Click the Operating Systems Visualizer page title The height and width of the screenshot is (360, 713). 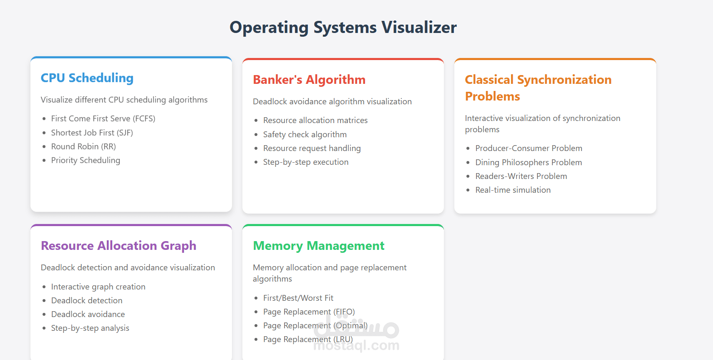tap(343, 28)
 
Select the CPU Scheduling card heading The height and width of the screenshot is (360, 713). tap(87, 78)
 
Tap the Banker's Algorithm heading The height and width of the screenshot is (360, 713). tap(309, 80)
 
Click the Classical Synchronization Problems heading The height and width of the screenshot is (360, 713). tap(538, 88)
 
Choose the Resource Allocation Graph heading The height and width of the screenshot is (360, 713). tap(118, 246)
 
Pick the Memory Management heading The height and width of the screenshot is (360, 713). tap(318, 246)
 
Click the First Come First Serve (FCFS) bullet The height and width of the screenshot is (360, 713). tap(103, 118)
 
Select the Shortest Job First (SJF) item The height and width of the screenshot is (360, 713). tap(92, 133)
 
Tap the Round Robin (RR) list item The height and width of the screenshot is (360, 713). tap(83, 146)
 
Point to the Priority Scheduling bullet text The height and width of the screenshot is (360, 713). tap(86, 160)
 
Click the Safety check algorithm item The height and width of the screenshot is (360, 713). tap(305, 134)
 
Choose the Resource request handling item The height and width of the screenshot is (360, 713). tap(312, 148)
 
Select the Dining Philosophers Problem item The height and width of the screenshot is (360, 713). tap(528, 162)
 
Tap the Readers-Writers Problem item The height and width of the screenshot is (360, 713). tap(521, 176)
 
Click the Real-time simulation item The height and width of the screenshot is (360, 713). tap(513, 190)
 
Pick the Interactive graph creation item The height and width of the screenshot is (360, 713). tap(98, 287)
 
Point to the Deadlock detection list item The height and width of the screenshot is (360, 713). tap(87, 300)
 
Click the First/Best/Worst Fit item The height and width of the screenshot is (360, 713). tap(298, 298)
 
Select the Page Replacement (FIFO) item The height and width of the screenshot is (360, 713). tap(309, 312)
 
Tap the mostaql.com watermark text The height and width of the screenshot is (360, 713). tap(356, 346)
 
